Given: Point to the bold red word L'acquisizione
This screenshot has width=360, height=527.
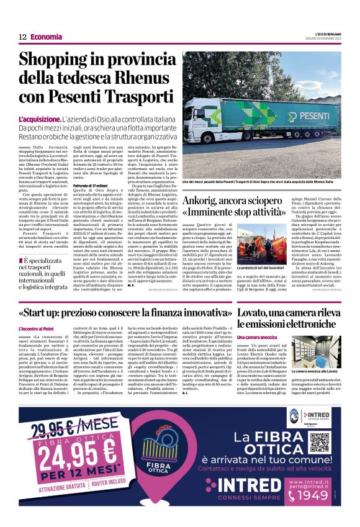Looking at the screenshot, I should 40,119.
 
